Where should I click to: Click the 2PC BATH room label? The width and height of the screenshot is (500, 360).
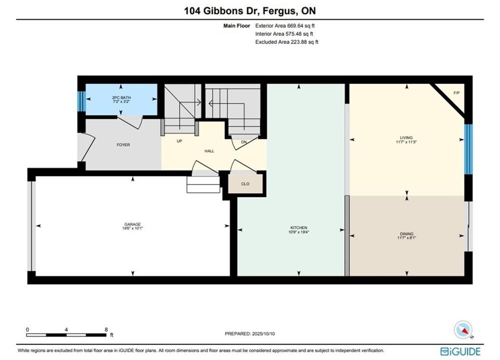[121, 97]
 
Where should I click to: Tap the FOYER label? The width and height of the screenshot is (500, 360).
[124, 144]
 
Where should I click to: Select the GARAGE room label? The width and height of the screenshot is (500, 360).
[133, 224]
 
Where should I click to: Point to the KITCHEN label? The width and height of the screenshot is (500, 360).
[299, 228]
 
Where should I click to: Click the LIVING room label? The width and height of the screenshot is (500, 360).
[406, 137]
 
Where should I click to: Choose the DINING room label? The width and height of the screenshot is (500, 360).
[406, 234]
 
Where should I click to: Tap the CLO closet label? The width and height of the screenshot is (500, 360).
[245, 184]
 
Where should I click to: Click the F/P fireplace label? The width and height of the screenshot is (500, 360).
[456, 93]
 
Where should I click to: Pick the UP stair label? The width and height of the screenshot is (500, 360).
[180, 141]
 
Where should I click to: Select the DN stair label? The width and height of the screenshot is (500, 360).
[244, 142]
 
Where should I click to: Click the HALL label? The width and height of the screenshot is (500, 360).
[210, 151]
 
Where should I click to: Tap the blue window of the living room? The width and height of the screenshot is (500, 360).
[468, 149]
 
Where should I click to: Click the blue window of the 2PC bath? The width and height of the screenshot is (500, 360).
[82, 101]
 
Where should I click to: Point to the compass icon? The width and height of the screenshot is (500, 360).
[463, 329]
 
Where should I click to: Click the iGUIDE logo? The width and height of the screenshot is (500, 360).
[460, 351]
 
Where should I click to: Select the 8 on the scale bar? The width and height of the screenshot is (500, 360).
[106, 329]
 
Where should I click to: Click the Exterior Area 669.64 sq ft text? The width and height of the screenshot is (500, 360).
[285, 26]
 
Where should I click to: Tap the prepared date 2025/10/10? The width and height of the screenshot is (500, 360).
[263, 334]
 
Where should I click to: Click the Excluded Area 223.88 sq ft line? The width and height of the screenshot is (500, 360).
[287, 41]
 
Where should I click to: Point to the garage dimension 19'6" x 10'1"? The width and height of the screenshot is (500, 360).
[133, 228]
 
